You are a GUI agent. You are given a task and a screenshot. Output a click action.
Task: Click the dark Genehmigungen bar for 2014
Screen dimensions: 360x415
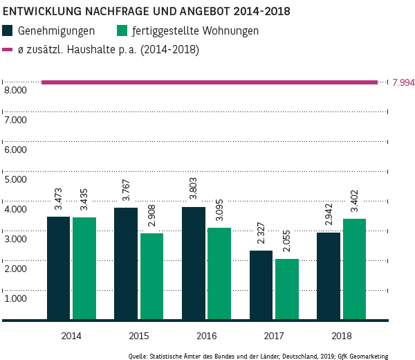point(58,269)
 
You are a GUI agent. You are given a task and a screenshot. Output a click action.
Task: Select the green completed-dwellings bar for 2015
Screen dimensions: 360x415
point(151,277)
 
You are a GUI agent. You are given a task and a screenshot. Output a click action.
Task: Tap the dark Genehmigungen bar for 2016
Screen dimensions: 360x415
point(193,264)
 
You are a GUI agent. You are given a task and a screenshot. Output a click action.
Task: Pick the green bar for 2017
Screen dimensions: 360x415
point(286,289)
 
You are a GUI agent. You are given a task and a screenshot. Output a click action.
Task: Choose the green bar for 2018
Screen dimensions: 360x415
point(354,269)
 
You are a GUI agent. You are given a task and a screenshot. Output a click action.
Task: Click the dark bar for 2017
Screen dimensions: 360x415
point(261,285)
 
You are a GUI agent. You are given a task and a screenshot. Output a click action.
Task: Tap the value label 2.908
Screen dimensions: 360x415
point(152,216)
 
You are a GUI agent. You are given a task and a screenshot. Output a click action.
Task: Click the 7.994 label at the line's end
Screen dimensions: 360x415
point(403,82)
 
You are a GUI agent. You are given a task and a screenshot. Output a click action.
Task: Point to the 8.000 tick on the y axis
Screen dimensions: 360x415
point(15,91)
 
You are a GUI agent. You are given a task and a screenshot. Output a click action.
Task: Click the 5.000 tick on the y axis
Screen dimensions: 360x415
point(15,179)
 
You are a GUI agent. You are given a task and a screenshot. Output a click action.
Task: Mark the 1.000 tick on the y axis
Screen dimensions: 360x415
point(15,298)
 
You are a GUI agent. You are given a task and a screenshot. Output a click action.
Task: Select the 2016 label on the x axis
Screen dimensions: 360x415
point(205,336)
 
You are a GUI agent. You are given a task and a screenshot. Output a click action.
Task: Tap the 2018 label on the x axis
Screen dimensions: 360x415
point(341,336)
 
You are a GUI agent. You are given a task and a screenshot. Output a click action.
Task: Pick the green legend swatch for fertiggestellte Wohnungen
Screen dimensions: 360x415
point(122,31)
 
